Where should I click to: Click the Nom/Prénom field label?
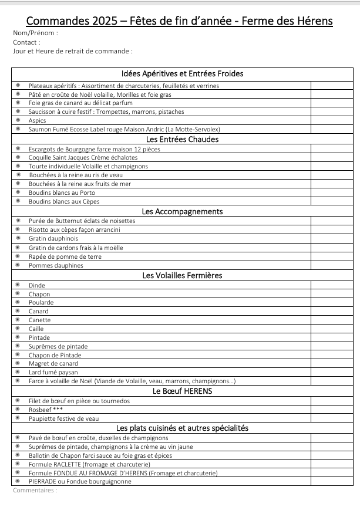tap(35, 33)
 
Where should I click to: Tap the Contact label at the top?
tap(26, 42)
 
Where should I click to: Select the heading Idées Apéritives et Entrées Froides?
tap(182, 73)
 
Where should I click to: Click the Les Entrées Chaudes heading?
tap(182, 139)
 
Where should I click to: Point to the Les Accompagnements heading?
tap(182, 211)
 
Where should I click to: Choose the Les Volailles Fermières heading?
tap(182, 275)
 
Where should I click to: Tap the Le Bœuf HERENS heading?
tap(182, 391)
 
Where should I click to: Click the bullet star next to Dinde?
tap(18, 285)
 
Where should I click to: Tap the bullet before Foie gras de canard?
tap(18, 103)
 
